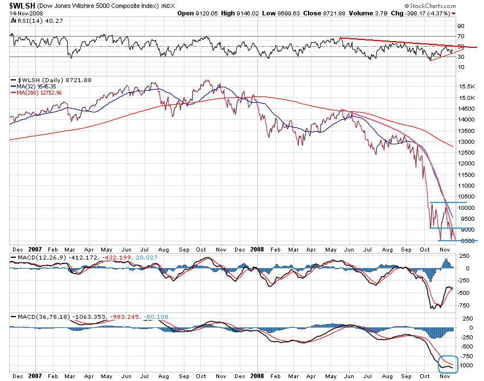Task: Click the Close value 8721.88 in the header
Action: pyautogui.click(x=333, y=13)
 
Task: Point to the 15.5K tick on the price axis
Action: pyautogui.click(x=466, y=87)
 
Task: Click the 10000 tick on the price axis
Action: pyautogui.click(x=466, y=208)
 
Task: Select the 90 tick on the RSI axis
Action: pyautogui.click(x=461, y=26)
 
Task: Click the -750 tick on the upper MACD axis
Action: pyautogui.click(x=465, y=305)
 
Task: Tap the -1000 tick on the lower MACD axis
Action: pyautogui.click(x=466, y=365)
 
